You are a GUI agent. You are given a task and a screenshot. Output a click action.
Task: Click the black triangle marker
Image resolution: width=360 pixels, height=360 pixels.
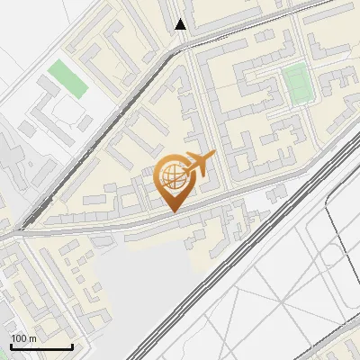(181, 24)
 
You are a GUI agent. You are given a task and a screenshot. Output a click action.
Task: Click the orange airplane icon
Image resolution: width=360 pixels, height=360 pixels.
(198, 165)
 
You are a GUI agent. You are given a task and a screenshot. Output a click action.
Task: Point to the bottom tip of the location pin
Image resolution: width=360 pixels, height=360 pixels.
(173, 211)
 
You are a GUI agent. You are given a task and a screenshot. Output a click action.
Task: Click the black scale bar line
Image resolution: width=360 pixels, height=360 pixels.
(41, 346)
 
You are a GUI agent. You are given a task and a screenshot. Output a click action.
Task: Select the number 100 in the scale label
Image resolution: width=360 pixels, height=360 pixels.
(20, 338)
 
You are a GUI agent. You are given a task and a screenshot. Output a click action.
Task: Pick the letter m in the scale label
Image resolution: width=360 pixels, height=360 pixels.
(32, 338)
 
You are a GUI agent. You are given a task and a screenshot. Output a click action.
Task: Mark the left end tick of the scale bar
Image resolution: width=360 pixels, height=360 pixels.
(11, 345)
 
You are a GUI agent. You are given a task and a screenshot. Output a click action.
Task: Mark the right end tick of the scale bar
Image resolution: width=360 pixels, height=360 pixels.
(72, 345)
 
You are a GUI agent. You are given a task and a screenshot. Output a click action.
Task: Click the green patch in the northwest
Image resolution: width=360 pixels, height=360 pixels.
(69, 78)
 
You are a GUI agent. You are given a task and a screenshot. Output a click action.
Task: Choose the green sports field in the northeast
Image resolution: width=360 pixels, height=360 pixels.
(295, 82)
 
